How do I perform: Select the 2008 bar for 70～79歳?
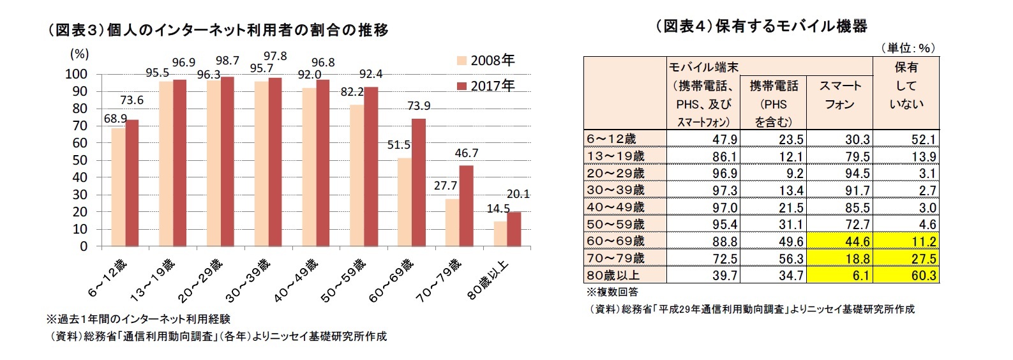(x=452, y=222)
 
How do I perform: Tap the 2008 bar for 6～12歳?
(x=118, y=187)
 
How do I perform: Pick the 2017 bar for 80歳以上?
(x=514, y=229)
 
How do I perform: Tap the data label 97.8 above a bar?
(x=275, y=56)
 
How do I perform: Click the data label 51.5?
(x=399, y=145)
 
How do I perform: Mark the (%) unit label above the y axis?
(x=79, y=54)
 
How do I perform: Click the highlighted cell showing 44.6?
(x=839, y=241)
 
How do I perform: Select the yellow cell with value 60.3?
(x=906, y=275)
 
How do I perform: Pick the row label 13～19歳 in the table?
(x=615, y=156)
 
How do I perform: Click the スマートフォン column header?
(x=839, y=95)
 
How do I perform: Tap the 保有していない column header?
(x=906, y=86)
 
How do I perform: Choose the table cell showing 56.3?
(x=773, y=259)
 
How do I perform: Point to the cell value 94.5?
(x=839, y=174)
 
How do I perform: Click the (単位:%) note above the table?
(x=907, y=48)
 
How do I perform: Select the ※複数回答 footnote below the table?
(x=612, y=292)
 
